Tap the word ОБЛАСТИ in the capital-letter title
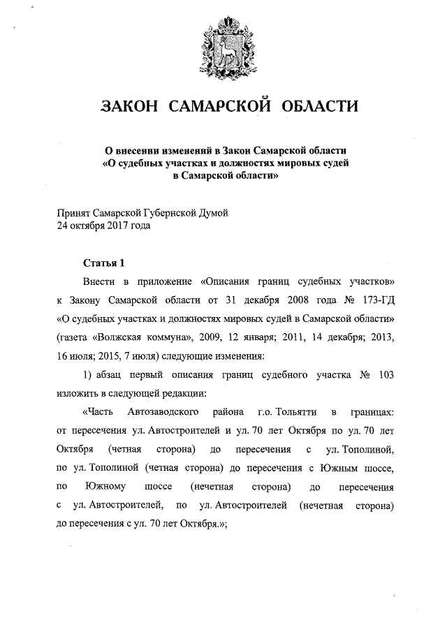click(318, 106)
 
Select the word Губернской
click(163, 214)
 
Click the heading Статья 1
click(103, 263)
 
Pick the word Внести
click(98, 283)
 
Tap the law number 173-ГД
click(375, 301)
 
